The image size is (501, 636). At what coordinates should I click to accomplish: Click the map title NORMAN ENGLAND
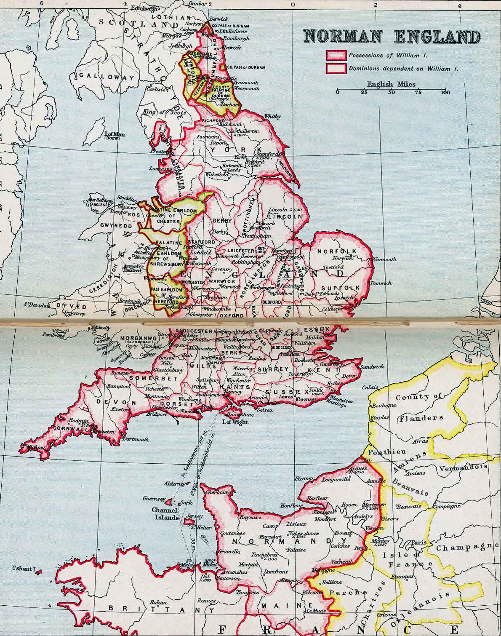392,37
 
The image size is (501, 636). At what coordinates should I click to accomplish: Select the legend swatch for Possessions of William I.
336,56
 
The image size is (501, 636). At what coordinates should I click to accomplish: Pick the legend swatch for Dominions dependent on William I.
336,68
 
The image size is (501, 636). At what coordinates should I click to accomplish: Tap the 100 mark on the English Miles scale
445,93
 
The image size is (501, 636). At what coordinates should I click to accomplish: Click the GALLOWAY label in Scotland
107,77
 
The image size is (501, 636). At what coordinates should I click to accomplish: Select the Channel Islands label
164,513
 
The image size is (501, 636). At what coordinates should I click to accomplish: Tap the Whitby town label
272,116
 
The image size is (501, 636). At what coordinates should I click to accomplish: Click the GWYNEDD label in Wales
116,226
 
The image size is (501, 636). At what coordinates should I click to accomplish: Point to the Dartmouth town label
136,439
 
